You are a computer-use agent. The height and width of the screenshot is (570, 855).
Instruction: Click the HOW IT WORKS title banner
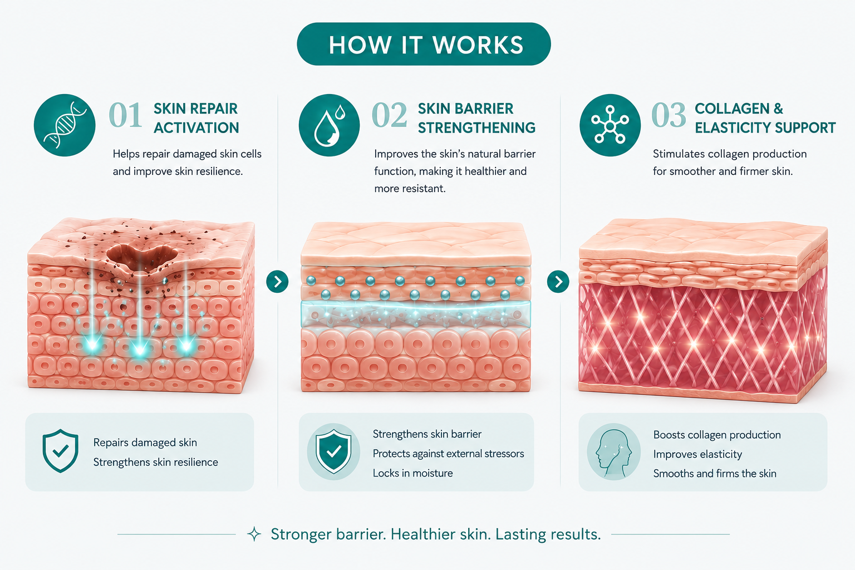tap(424, 45)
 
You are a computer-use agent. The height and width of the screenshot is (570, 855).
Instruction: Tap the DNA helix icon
tap(65, 125)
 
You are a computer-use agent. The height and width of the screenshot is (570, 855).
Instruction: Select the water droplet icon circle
tap(329, 125)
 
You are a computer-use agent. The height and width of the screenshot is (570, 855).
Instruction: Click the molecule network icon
tap(610, 125)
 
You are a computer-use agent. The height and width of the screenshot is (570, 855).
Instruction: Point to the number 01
tap(125, 115)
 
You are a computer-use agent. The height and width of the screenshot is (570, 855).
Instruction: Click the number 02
tap(389, 115)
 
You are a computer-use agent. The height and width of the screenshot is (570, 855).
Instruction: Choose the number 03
tap(669, 115)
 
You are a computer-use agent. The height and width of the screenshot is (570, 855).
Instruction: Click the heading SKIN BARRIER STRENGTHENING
tap(476, 119)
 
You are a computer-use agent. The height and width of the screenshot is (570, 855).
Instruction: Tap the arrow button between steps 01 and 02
tap(277, 282)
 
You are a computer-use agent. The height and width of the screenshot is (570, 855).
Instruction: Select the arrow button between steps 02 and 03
tap(558, 282)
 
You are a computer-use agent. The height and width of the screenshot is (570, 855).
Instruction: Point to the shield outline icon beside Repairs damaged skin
tap(60, 450)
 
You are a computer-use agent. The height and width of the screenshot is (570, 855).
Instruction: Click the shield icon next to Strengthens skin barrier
tap(333, 451)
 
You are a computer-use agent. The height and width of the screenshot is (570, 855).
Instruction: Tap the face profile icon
tap(613, 451)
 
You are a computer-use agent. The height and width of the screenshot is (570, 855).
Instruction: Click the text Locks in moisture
tap(412, 473)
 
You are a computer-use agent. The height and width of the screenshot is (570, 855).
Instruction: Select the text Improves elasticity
tap(697, 454)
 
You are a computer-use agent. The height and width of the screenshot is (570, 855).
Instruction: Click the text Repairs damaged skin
tap(145, 443)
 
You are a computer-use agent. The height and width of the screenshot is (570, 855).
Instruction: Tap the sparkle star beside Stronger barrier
tap(254, 534)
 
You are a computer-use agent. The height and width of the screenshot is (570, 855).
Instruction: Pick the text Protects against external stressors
tap(448, 454)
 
